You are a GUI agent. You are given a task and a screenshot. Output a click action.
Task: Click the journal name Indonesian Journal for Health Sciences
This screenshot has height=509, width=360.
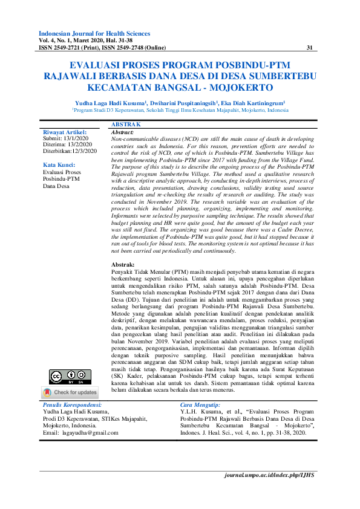tap(94, 33)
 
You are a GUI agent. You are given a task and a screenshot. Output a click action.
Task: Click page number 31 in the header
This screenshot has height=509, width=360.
tap(310, 48)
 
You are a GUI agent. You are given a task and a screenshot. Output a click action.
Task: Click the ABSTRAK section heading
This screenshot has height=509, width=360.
tap(126, 124)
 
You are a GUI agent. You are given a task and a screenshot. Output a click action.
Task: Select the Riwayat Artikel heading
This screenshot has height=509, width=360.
tap(64, 132)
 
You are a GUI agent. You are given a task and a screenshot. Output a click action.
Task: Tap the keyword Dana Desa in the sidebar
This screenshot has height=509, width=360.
tap(56, 186)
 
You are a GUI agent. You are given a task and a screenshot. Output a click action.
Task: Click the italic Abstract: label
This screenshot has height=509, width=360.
tap(123, 132)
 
